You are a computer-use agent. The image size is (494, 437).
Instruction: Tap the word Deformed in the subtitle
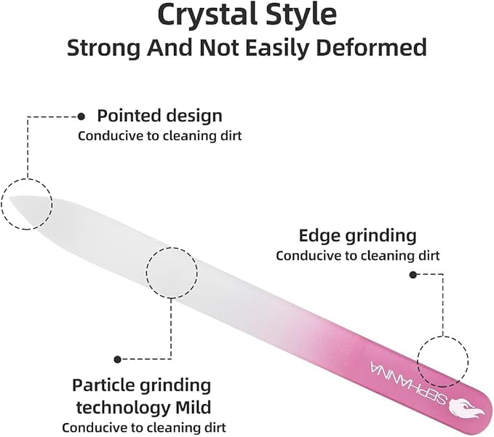click(371, 47)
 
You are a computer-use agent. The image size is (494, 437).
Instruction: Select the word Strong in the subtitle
click(103, 48)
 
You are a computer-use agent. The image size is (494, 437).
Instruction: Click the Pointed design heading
click(159, 115)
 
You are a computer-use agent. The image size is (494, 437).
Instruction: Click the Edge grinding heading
click(357, 235)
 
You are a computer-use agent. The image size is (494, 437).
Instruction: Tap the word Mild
click(193, 407)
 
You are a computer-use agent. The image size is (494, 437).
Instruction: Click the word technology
click(124, 408)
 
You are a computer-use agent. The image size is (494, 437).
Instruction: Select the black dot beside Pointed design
click(81, 117)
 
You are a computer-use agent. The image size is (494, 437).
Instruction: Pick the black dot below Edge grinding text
click(413, 275)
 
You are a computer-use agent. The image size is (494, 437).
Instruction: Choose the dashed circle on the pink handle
click(442, 336)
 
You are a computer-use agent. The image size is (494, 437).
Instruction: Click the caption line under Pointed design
click(160, 136)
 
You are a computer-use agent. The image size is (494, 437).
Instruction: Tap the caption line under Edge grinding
click(357, 256)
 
